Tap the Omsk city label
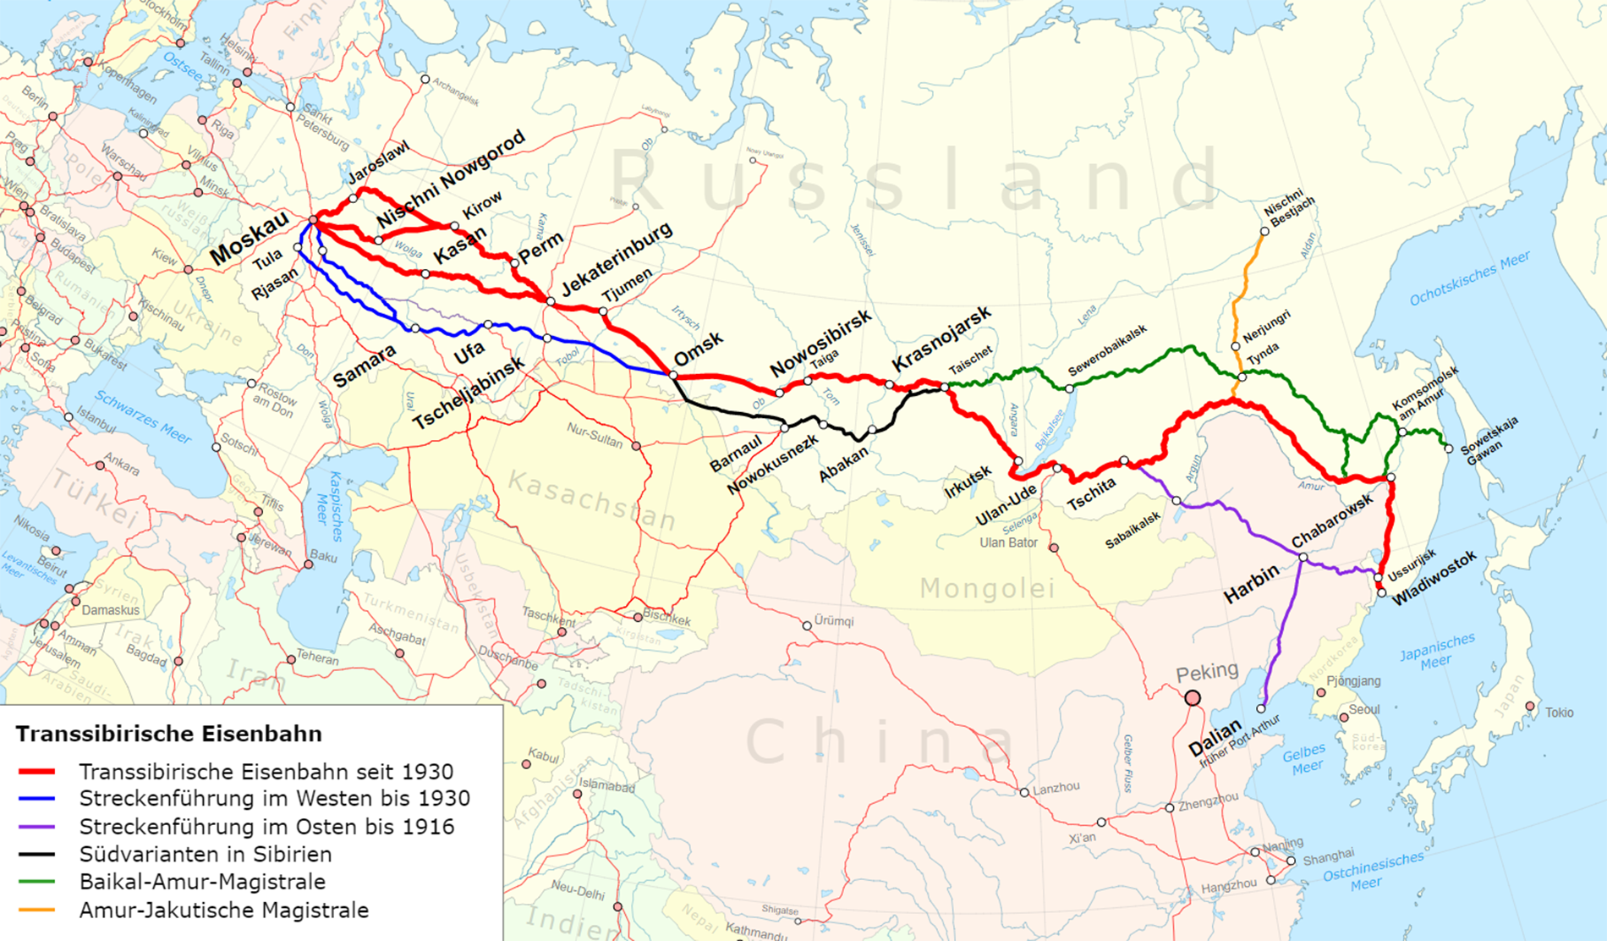click(x=699, y=349)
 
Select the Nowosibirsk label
click(x=820, y=343)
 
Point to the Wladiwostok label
click(x=1434, y=577)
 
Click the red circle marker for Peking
click(x=1193, y=698)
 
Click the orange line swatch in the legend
click(x=36, y=911)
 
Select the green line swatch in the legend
click(x=36, y=883)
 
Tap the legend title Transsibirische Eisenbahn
click(x=168, y=734)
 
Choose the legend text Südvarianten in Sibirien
click(x=205, y=855)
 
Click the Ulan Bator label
click(x=1008, y=542)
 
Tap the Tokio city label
click(x=1559, y=713)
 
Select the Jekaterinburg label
click(x=617, y=258)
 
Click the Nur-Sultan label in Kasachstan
click(x=595, y=437)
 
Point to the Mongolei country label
click(x=987, y=587)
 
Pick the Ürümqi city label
click(x=833, y=621)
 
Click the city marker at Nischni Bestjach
click(x=1264, y=231)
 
